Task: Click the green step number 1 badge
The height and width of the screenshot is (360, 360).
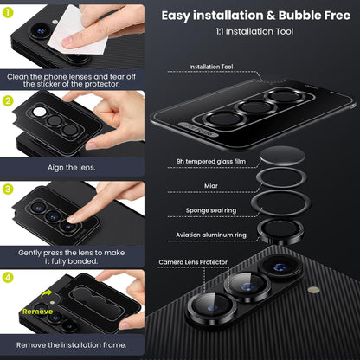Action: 8,12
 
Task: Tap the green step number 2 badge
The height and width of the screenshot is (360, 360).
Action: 8,100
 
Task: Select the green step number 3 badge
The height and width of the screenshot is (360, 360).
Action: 8,188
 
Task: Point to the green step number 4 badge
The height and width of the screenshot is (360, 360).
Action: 8,277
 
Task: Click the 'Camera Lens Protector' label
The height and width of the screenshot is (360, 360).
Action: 191,260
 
